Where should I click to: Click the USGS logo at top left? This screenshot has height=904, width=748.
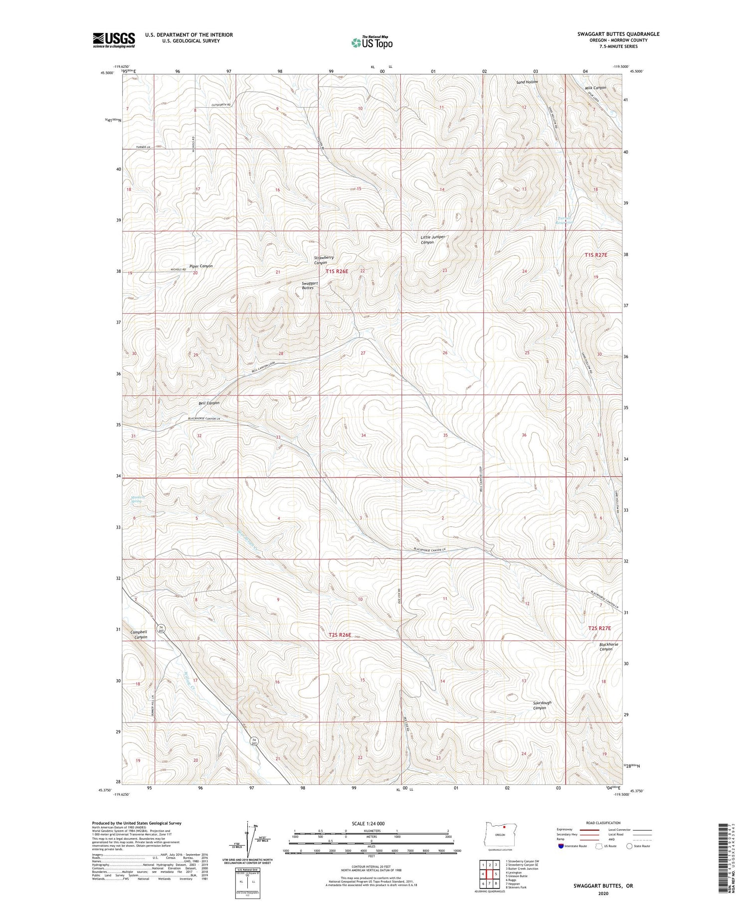pyautogui.click(x=114, y=40)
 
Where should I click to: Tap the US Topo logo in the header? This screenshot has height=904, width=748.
pyautogui.click(x=372, y=43)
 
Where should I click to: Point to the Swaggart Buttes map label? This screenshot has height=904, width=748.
pyautogui.click(x=310, y=285)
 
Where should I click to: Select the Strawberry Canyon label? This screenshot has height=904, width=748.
pyautogui.click(x=323, y=260)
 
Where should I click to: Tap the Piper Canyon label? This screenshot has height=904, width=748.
pyautogui.click(x=200, y=266)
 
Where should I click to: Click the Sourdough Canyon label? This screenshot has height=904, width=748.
pyautogui.click(x=542, y=705)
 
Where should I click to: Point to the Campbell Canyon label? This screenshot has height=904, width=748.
pyautogui.click(x=139, y=634)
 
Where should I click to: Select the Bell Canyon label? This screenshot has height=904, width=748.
pyautogui.click(x=209, y=402)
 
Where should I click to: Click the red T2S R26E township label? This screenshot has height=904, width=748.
pyautogui.click(x=340, y=635)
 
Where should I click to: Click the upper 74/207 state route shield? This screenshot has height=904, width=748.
pyautogui.click(x=161, y=628)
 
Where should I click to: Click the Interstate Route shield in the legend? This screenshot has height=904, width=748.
pyautogui.click(x=561, y=846)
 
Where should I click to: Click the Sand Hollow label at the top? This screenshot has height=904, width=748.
pyautogui.click(x=527, y=81)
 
